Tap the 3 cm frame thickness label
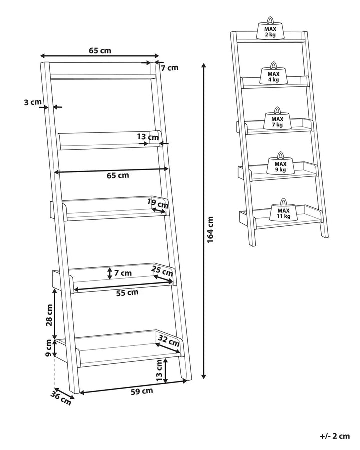tap(32, 102)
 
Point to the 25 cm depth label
tap(163, 272)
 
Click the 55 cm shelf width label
tap(127, 293)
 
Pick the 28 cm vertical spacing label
tap(49, 315)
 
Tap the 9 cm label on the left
tap(49, 348)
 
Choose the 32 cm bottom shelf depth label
tap(169, 342)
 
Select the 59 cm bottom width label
tap(141, 391)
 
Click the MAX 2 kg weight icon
tap(270, 31)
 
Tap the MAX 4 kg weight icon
tap(273, 76)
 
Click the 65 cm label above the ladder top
tap(100, 50)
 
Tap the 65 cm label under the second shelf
tap(118, 175)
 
